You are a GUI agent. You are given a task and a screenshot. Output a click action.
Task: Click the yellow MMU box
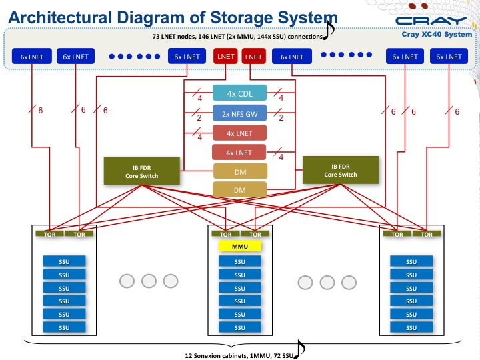click(x=239, y=247)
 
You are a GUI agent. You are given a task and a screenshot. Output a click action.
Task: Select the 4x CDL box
click(x=239, y=93)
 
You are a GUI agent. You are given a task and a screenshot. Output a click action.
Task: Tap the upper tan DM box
click(x=239, y=171)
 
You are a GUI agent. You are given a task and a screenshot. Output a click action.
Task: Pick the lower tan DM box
click(x=239, y=189)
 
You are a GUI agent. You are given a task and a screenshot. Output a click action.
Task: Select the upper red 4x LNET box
click(x=239, y=132)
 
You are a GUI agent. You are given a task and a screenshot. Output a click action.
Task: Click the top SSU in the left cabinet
click(x=64, y=262)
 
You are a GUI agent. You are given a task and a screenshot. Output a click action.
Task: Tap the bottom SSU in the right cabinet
click(x=412, y=327)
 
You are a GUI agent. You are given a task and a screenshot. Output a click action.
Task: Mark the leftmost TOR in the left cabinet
click(x=49, y=234)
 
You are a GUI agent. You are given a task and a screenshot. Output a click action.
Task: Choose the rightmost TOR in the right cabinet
click(x=427, y=234)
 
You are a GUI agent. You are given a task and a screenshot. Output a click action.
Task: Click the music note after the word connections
click(x=330, y=29)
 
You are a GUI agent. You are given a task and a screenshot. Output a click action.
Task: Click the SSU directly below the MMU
click(x=239, y=262)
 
